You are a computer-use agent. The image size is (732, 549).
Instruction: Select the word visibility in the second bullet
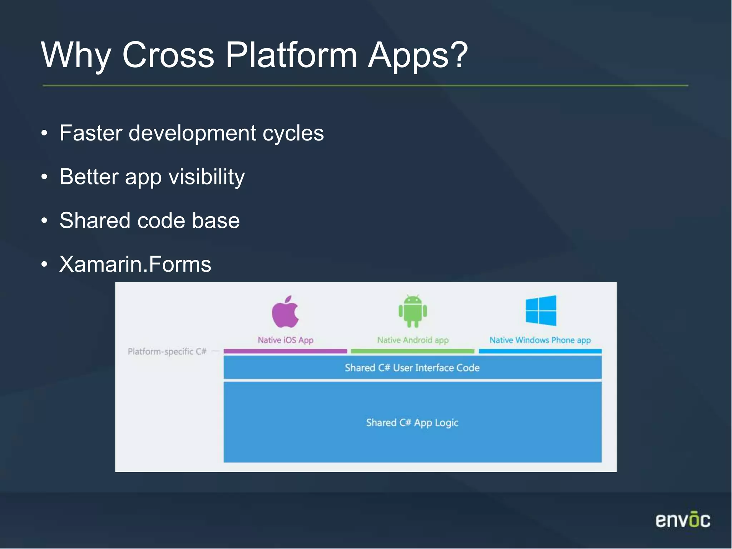pyautogui.click(x=207, y=177)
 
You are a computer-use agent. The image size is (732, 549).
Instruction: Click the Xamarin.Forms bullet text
pyautogui.click(x=135, y=264)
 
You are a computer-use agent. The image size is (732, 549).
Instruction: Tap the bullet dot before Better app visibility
pyautogui.click(x=44, y=177)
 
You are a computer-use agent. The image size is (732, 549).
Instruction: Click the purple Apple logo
pyautogui.click(x=285, y=312)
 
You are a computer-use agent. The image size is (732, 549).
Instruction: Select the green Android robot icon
pyautogui.click(x=412, y=311)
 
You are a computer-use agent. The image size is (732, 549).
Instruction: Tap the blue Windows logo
pyautogui.click(x=541, y=311)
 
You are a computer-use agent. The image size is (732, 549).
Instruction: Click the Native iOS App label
pyautogui.click(x=286, y=340)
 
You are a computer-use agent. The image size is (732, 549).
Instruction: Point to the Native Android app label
pyautogui.click(x=412, y=340)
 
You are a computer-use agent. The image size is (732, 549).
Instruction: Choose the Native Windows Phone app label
pyautogui.click(x=540, y=340)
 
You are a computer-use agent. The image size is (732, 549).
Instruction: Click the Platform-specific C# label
pyautogui.click(x=167, y=351)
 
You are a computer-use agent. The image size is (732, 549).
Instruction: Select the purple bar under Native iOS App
pyautogui.click(x=285, y=351)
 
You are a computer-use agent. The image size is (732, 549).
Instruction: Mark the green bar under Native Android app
pyautogui.click(x=412, y=351)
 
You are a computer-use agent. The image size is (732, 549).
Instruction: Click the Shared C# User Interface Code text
pyautogui.click(x=412, y=368)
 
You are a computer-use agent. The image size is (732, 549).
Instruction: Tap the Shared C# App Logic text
pyautogui.click(x=412, y=423)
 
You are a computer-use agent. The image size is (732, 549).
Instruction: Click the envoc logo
pyautogui.click(x=683, y=520)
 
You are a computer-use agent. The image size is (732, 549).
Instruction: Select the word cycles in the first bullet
pyautogui.click(x=293, y=133)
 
